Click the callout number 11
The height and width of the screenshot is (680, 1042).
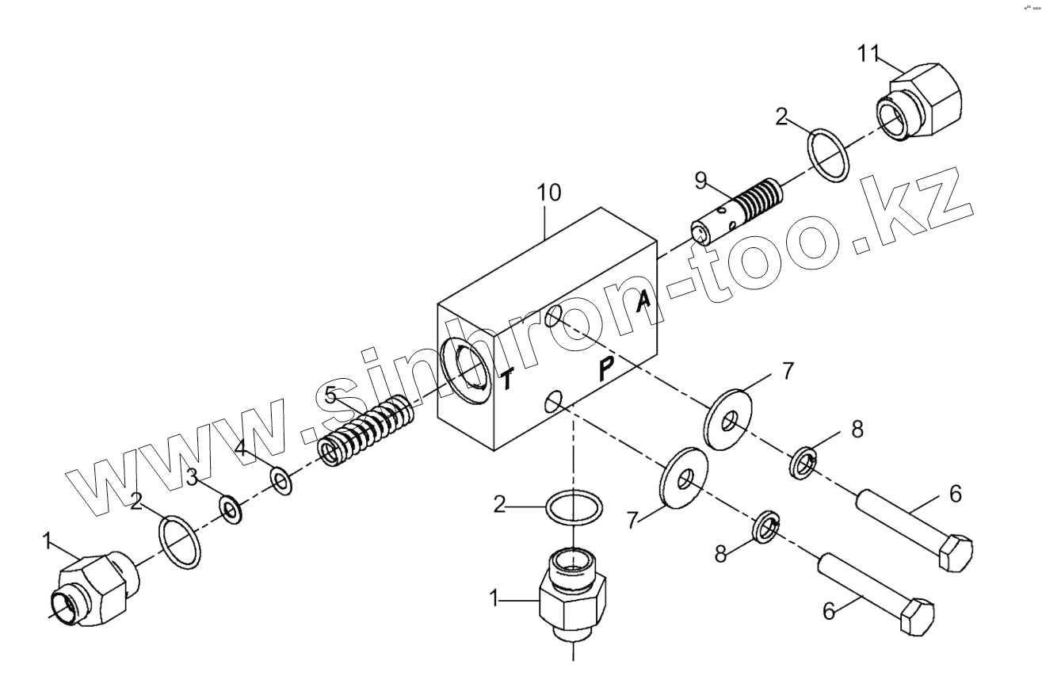pyautogui.click(x=869, y=54)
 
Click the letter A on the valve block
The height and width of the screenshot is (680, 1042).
pyautogui.click(x=644, y=300)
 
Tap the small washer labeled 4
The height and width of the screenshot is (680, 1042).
pyautogui.click(x=281, y=479)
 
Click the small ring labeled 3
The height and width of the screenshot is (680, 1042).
pyautogui.click(x=231, y=510)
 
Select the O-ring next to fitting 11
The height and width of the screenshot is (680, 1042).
pyautogui.click(x=830, y=156)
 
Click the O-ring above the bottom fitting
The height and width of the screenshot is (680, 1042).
pyautogui.click(x=574, y=509)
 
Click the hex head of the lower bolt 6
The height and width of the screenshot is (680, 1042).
pyautogui.click(x=918, y=614)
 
